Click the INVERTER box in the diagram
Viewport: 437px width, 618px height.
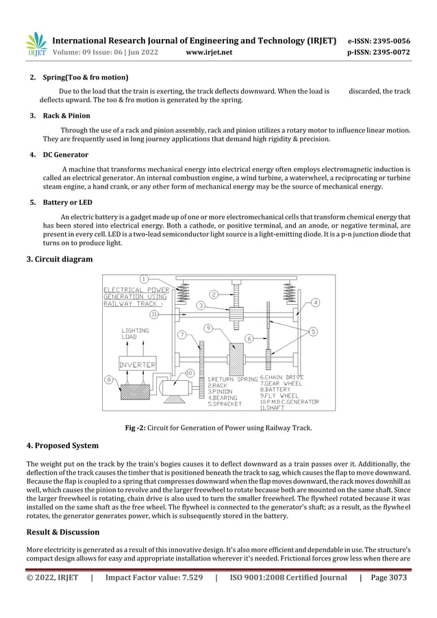[x=137, y=364]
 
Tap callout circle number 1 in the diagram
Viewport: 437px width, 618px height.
[x=144, y=279]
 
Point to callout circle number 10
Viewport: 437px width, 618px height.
[x=190, y=373]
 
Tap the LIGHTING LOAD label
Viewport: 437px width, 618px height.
[x=135, y=334]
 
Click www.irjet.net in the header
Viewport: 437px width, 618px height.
[x=209, y=52]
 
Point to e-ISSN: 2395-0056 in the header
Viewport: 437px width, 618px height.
[x=379, y=40]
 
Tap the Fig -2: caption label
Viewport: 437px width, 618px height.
[x=138, y=428]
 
